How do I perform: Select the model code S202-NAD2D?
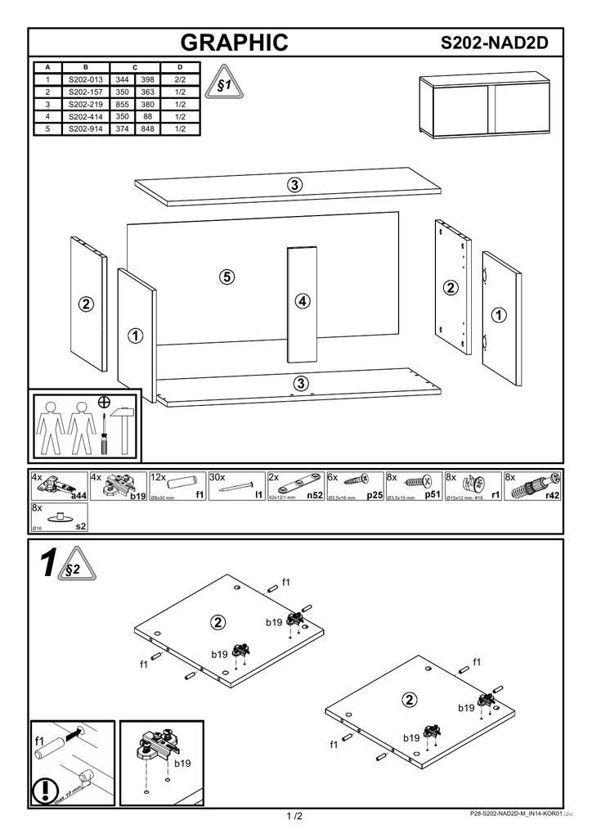[493, 43]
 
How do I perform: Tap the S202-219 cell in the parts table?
[85, 105]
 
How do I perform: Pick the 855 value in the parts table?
[123, 105]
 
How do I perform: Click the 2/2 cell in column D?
[180, 80]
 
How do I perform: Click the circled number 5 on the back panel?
[226, 277]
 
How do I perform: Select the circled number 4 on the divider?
[303, 301]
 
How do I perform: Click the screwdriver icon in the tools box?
[104, 435]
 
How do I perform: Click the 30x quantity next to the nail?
[217, 477]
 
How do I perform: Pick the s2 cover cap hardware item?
[59, 518]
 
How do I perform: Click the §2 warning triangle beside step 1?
[73, 568]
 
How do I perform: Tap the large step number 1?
[48, 565]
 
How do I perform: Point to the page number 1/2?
[294, 816]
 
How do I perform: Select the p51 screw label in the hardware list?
[433, 495]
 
